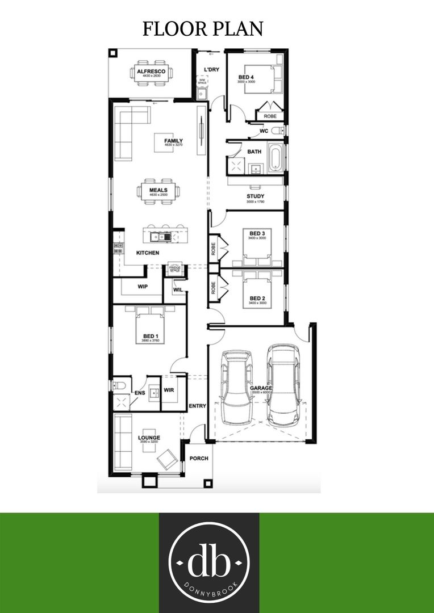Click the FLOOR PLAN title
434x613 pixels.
tap(203, 29)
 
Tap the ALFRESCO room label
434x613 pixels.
tap(151, 71)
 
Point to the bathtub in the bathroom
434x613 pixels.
tap(274, 158)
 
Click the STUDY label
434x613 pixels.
tap(255, 196)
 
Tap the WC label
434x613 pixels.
tap(264, 131)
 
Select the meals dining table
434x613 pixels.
tap(158, 191)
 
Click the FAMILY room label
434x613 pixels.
tap(173, 141)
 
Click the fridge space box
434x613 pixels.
tap(174, 269)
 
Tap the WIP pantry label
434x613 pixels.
tap(143, 287)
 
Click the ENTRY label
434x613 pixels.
tap(197, 406)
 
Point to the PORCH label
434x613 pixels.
tap(199, 459)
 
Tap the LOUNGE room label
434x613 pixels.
tap(149, 438)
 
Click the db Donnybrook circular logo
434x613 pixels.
tap(209, 562)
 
